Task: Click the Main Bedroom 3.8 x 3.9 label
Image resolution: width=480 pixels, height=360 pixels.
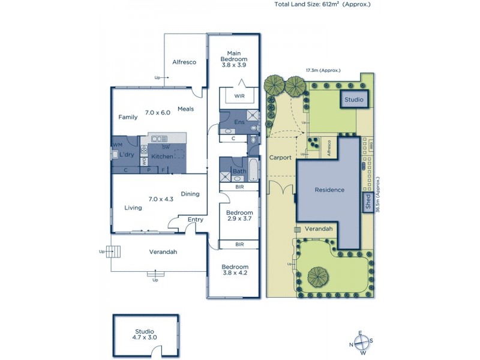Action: click(x=233, y=59)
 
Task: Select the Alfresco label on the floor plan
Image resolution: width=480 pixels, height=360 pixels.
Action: click(x=184, y=62)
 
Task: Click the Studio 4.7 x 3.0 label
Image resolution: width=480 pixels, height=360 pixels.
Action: click(x=145, y=334)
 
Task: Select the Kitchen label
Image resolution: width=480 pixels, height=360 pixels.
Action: click(x=162, y=156)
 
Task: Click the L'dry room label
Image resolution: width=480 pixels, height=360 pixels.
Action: click(x=126, y=155)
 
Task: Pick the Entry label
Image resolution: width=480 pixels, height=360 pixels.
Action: click(x=195, y=220)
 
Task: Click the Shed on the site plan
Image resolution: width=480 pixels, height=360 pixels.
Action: click(x=367, y=201)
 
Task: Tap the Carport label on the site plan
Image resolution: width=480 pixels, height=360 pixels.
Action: click(x=280, y=158)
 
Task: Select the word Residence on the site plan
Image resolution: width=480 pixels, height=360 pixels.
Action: click(x=330, y=190)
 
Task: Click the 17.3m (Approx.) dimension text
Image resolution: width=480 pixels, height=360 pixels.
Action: click(x=322, y=70)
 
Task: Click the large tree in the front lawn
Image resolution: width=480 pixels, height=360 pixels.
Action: click(x=317, y=277)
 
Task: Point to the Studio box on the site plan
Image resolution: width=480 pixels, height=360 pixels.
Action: click(x=355, y=99)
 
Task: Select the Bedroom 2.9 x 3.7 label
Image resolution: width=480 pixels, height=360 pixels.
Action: click(x=239, y=216)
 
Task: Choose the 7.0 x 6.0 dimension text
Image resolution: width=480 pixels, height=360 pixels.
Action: click(x=158, y=112)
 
